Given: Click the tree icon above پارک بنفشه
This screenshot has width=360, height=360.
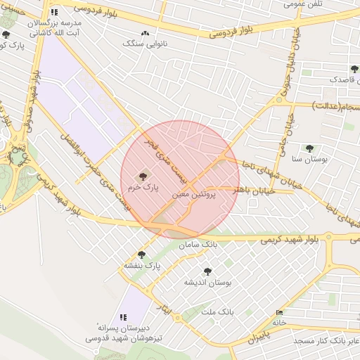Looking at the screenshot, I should [x=141, y=255].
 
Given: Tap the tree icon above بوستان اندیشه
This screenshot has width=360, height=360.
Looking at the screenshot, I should [x=207, y=271].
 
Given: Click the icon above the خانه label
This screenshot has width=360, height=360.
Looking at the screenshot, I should [x=280, y=313].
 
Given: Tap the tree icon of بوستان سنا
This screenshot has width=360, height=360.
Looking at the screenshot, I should [x=309, y=148].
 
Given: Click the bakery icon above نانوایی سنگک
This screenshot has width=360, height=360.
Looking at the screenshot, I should [x=146, y=33].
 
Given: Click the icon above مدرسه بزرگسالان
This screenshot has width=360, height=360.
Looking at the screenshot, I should [x=54, y=13].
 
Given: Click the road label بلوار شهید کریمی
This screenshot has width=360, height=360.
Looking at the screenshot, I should [x=289, y=239].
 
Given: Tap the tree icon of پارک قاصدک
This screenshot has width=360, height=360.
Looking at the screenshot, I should [x=354, y=69].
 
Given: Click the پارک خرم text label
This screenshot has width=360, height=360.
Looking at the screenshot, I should [x=143, y=188].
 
